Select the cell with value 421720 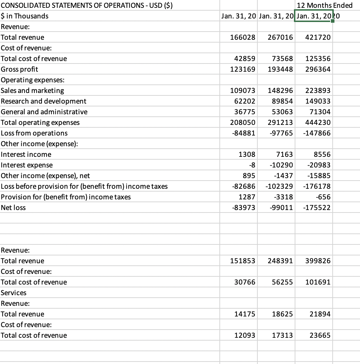(318, 37)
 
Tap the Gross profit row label (20, 69)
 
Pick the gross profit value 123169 (243, 69)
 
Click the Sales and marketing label (33, 90)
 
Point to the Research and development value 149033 (318, 101)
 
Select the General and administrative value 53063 (281, 112)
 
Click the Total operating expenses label (40, 122)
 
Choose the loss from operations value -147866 (317, 133)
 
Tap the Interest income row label (26, 154)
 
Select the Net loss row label (13, 208)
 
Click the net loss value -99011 (281, 208)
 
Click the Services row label (13, 293)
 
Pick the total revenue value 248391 (280, 261)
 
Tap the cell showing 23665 (320, 335)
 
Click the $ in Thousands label (24, 16)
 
